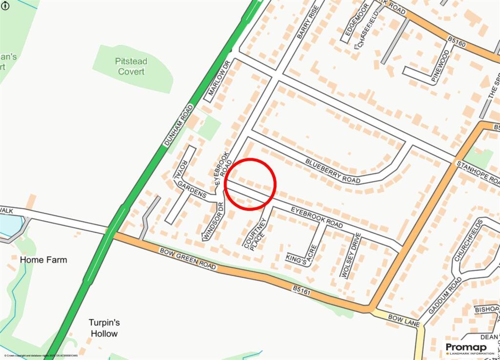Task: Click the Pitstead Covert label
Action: [131, 66]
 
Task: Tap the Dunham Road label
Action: [177, 125]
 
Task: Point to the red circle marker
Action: [250, 184]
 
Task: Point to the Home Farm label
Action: [43, 260]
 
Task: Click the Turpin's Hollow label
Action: [104, 328]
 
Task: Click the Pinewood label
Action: [441, 62]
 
